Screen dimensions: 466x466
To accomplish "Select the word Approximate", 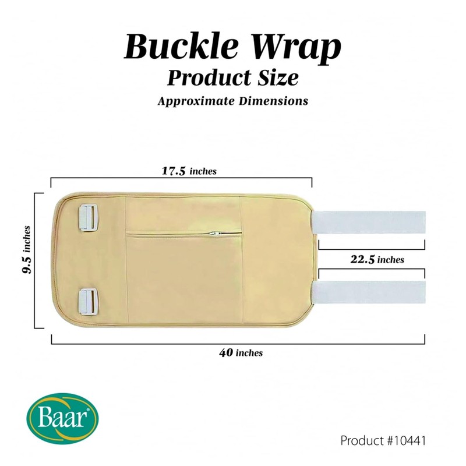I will pos(192,101).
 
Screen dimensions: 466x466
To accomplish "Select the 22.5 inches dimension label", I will pos(377,260).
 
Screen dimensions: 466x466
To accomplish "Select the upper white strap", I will pos(369,223).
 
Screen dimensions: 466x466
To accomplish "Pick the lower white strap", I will pos(369,292).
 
